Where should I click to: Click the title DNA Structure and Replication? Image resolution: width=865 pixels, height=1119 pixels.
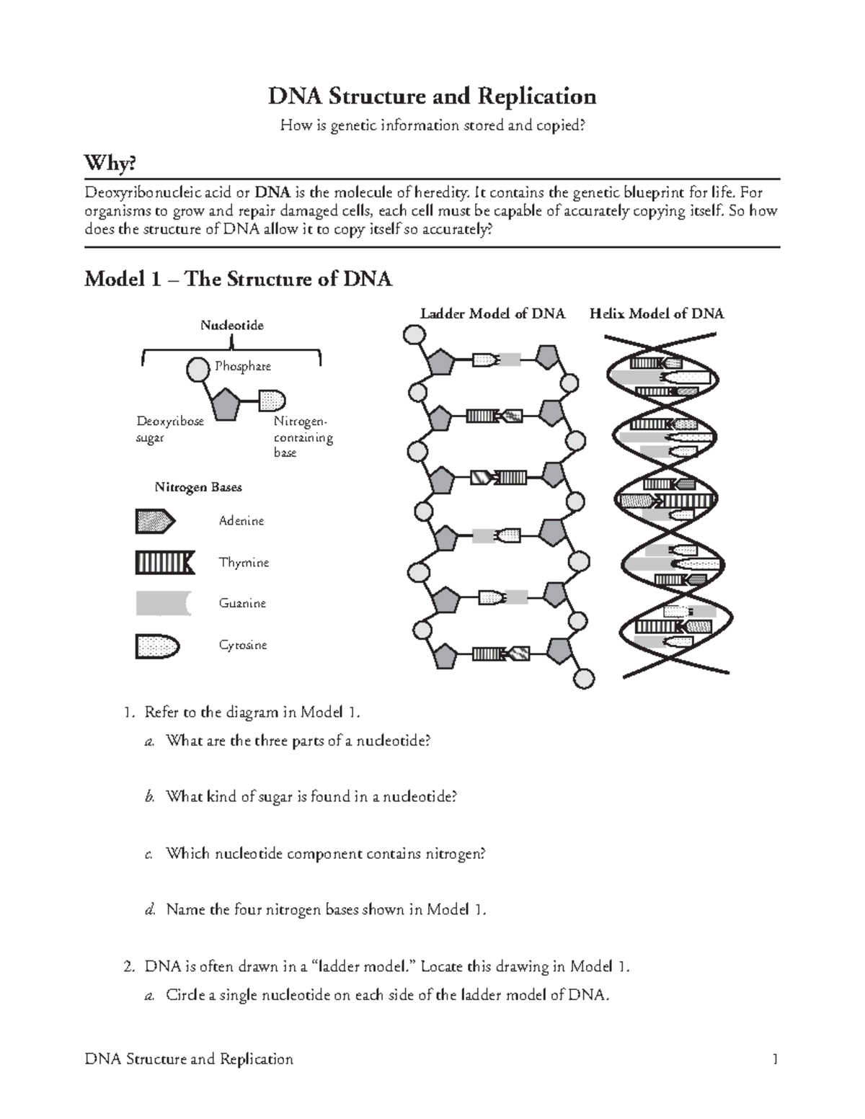pyautogui.click(x=432, y=96)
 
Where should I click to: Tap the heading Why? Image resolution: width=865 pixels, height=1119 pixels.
pyautogui.click(x=110, y=164)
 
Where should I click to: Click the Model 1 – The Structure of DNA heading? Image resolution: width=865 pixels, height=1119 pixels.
pyautogui.click(x=238, y=279)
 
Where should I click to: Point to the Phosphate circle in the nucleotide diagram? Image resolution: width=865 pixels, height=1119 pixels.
pyautogui.click(x=198, y=370)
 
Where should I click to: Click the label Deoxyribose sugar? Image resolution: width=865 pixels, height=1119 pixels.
pyautogui.click(x=170, y=429)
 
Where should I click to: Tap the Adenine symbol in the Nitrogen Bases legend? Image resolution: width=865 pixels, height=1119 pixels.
pyautogui.click(x=154, y=521)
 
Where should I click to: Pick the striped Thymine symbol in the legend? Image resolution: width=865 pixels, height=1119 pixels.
pyautogui.click(x=164, y=562)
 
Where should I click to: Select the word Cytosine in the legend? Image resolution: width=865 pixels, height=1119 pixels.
pyautogui.click(x=243, y=645)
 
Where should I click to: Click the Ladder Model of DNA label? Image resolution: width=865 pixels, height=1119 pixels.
pyautogui.click(x=492, y=313)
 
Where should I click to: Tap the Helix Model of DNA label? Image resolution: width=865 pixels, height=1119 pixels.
pyautogui.click(x=656, y=313)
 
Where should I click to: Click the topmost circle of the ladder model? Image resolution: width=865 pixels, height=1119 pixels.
pyautogui.click(x=414, y=335)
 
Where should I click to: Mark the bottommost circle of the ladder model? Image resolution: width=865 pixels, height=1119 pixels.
pyautogui.click(x=584, y=679)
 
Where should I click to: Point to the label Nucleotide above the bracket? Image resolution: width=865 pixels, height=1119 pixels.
pyautogui.click(x=231, y=326)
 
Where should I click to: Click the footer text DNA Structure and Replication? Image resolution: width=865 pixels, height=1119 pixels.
pyautogui.click(x=189, y=1059)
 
